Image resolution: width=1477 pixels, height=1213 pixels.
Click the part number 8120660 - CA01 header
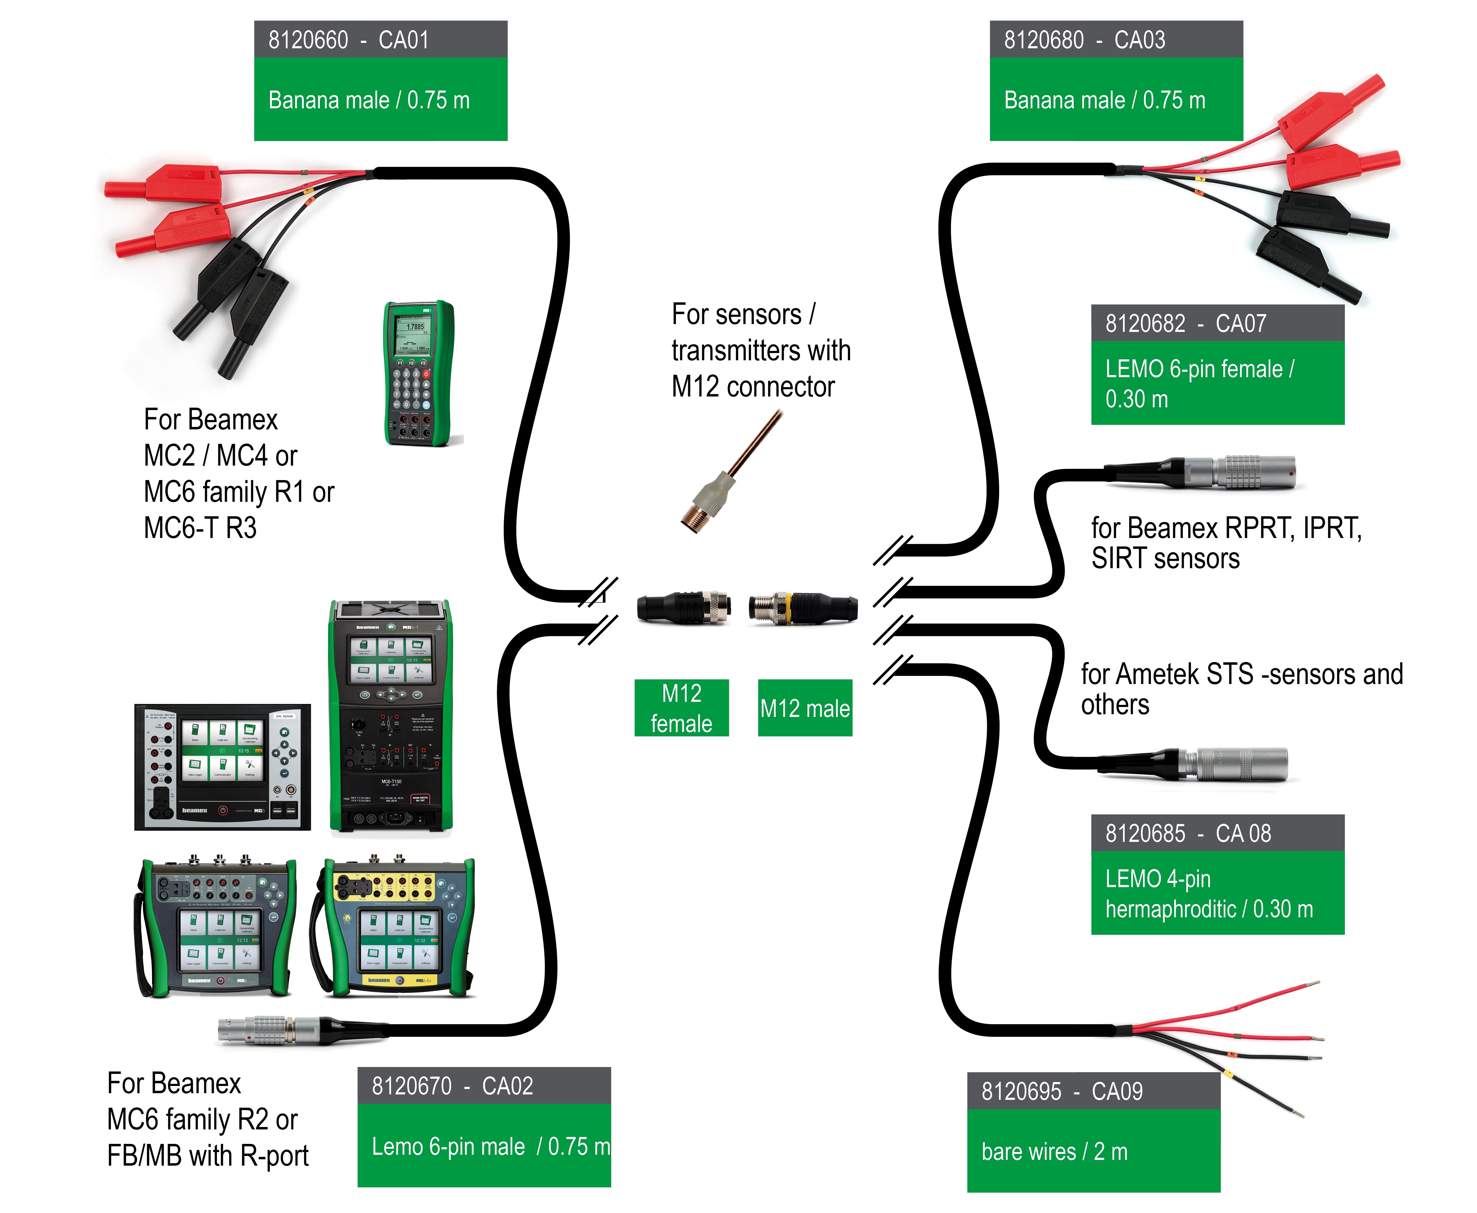tap(380, 40)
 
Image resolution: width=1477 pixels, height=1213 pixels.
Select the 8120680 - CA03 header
tap(1116, 40)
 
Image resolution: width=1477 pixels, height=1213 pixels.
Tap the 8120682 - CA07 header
tap(1217, 323)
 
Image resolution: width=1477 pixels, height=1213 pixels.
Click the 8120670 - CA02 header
tap(484, 1086)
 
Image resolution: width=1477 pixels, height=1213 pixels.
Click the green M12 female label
tap(681, 708)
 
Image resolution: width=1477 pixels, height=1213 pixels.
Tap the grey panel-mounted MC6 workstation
tap(222, 766)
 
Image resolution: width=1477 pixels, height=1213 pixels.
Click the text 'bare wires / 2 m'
tap(1054, 1151)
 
